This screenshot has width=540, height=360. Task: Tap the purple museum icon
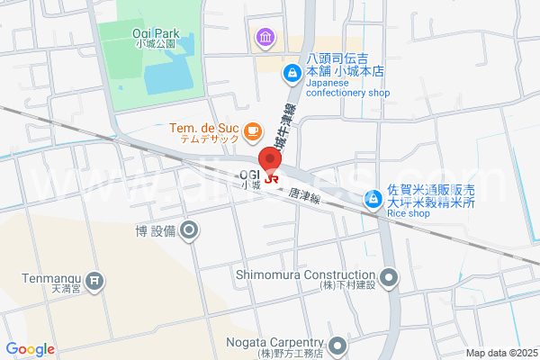point(265,37)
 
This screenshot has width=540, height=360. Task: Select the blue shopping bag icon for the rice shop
point(372,198)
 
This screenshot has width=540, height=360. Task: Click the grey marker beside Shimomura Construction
point(389,275)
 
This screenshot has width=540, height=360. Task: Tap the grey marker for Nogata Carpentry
point(337,345)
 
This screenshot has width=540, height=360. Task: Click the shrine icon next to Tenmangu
point(95,282)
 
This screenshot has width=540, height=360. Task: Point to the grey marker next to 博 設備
point(189,232)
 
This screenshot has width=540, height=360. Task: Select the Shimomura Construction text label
point(304,274)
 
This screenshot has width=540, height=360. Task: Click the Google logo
point(30,349)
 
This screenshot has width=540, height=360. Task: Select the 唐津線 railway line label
point(306,194)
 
